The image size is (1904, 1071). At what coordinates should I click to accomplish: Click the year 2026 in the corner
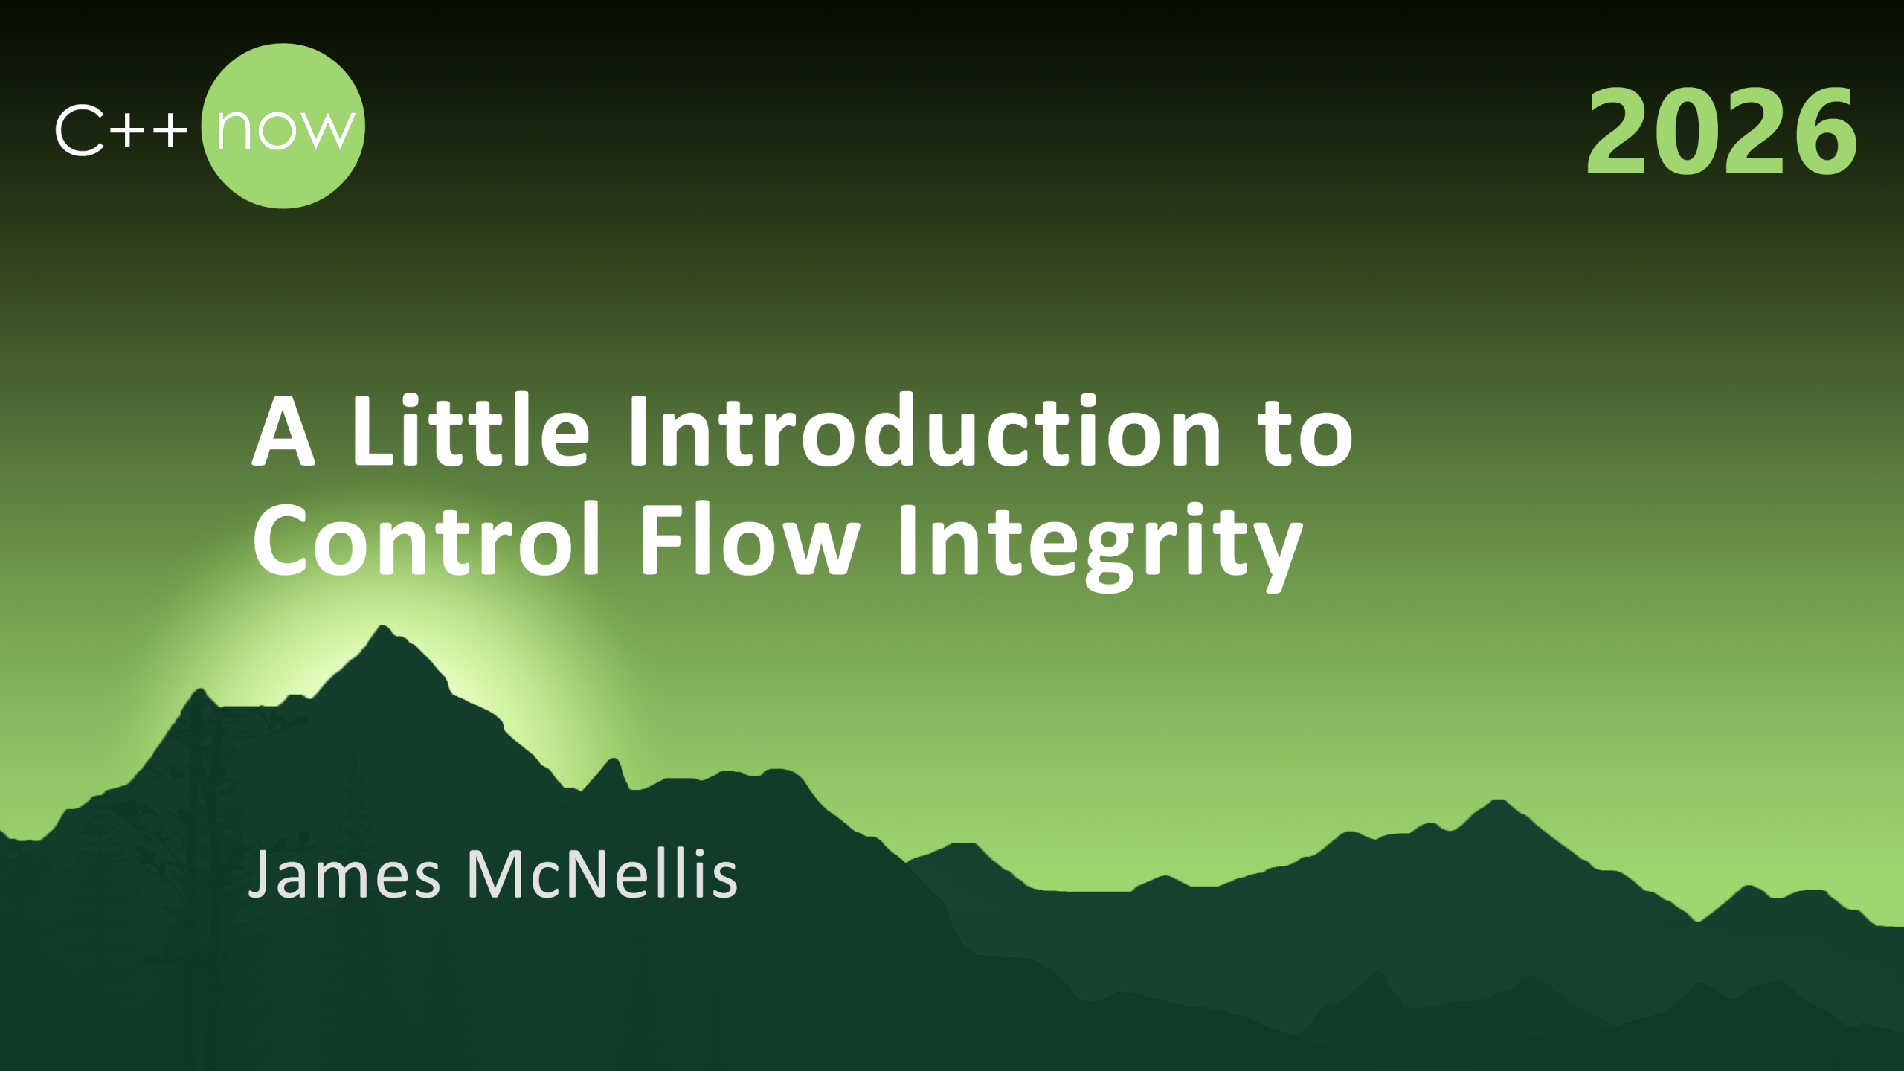[1721, 129]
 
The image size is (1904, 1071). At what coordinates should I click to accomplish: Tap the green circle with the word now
[283, 126]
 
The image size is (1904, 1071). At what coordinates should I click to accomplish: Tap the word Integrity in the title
[1100, 547]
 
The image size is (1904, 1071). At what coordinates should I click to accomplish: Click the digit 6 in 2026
[1825, 131]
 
